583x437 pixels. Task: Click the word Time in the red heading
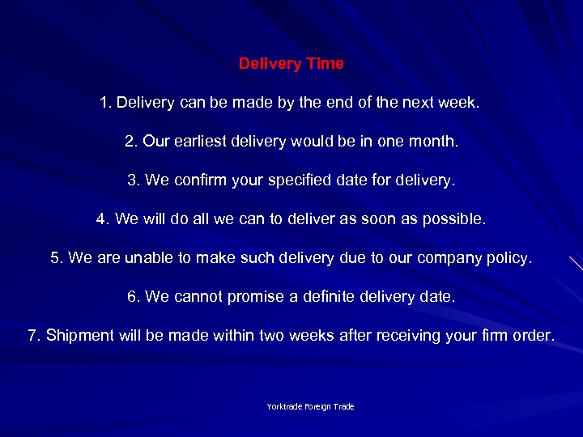(325, 64)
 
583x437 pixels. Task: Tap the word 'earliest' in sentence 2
(198, 142)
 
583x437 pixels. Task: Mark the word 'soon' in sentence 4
(393, 219)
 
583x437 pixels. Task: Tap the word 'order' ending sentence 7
(534, 336)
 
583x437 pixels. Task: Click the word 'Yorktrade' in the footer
(285, 406)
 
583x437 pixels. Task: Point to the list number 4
(101, 219)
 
